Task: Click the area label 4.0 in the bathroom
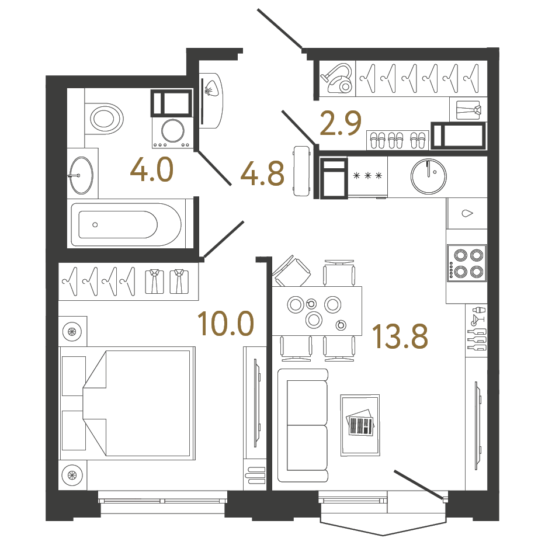coord(152,171)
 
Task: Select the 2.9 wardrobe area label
coord(341,123)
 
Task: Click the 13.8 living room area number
coord(400,336)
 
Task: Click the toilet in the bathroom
coord(105,119)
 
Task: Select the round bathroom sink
coord(81,174)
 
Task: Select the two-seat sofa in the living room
coord(303,425)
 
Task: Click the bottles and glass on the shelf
coord(477,328)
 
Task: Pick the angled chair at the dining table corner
coord(293,272)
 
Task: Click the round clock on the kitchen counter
coord(429,175)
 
